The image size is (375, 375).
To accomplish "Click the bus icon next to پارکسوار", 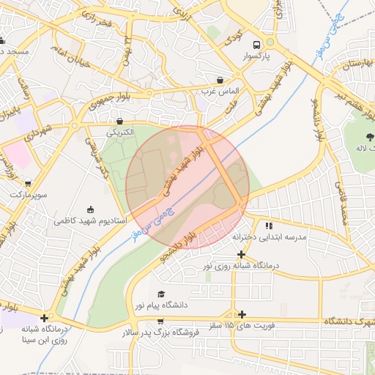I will click(x=256, y=44).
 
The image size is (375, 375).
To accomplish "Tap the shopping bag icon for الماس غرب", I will click(x=220, y=79).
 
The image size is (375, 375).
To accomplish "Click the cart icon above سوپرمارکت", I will click(x=28, y=184).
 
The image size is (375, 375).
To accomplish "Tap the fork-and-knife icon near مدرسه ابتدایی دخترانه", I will click(x=269, y=226).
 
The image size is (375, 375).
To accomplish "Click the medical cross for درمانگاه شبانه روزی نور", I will click(x=241, y=254).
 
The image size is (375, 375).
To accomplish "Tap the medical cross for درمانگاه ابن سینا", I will click(x=45, y=318).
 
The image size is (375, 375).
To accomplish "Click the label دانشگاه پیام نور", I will click(x=160, y=304).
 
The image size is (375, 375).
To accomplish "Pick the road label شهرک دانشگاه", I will click(x=348, y=321).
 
